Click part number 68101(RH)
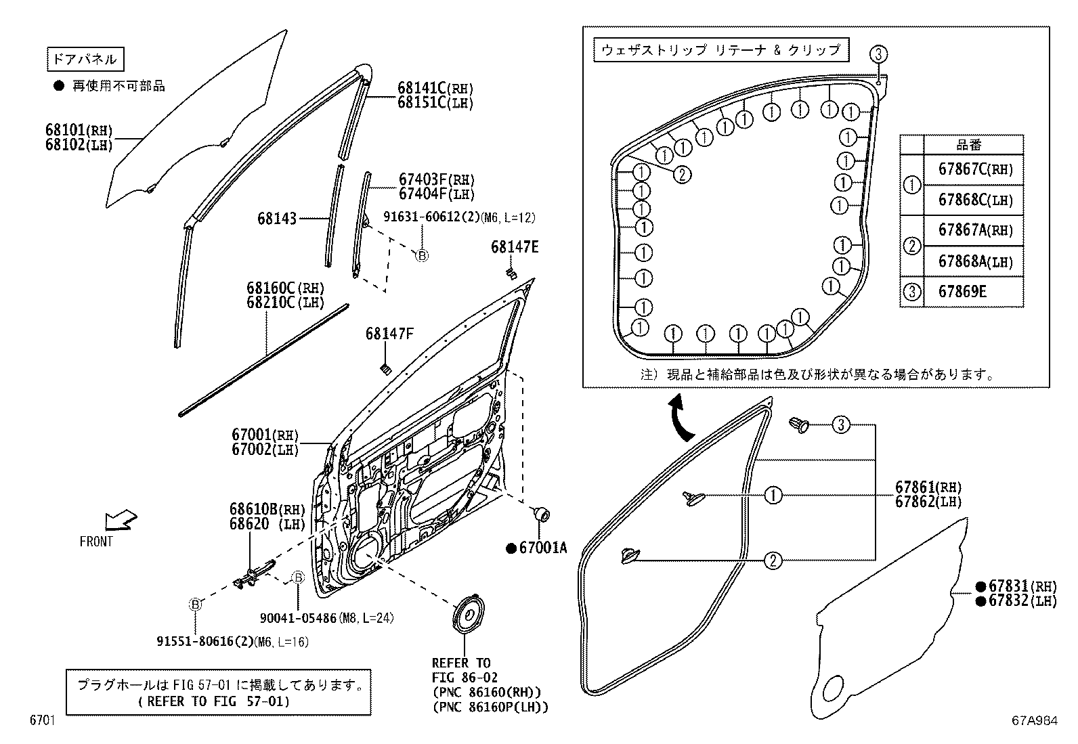click(79, 130)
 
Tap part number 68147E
click(515, 248)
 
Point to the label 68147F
click(389, 334)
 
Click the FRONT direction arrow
click(119, 521)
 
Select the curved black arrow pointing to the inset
click(679, 420)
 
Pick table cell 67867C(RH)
click(975, 169)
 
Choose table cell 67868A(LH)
click(975, 261)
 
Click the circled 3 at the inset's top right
click(878, 53)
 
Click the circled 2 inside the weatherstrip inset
click(682, 175)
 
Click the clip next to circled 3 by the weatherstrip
click(800, 426)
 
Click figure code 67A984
click(1034, 722)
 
